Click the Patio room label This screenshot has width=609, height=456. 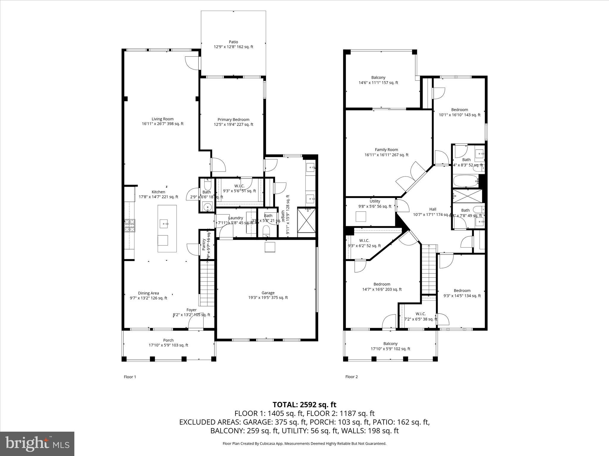click(233, 45)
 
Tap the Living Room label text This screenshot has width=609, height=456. click(162, 121)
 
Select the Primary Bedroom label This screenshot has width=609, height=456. click(233, 122)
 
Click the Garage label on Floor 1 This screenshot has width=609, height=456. click(268, 295)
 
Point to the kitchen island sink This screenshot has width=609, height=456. click(164, 223)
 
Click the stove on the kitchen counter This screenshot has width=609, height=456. click(130, 225)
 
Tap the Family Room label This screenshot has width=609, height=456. click(386, 152)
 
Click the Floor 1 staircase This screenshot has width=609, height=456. click(207, 284)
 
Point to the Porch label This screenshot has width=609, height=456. click(168, 343)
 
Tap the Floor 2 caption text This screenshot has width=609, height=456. click(351, 377)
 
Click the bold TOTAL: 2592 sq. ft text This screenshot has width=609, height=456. click(304, 405)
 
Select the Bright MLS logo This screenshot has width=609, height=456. click(37, 444)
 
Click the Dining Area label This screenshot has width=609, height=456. click(148, 295)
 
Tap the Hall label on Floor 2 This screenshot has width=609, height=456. click(433, 209)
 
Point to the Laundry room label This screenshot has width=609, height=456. click(236, 218)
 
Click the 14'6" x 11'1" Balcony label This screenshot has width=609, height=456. click(378, 80)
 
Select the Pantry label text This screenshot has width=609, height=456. click(204, 244)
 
